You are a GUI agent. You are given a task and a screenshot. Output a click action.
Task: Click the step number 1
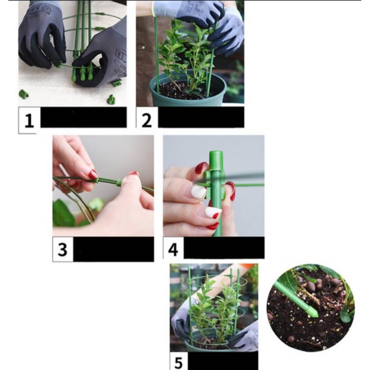[29, 120]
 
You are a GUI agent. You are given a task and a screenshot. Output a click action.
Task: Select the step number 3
[62, 250]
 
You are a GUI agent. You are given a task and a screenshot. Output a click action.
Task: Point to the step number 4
[173, 250]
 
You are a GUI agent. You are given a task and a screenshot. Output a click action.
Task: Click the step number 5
[178, 363]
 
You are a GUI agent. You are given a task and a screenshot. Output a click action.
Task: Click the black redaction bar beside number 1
[83, 117]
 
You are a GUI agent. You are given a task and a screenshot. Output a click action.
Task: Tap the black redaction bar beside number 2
[201, 117]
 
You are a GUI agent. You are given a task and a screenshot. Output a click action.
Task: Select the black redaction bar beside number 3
[113, 249]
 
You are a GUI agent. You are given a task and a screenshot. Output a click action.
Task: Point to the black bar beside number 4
[224, 248]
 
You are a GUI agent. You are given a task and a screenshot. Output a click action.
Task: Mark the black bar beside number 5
[223, 361]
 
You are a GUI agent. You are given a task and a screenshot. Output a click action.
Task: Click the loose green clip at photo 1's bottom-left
[24, 94]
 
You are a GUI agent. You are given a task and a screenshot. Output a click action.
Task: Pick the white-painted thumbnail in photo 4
[199, 192]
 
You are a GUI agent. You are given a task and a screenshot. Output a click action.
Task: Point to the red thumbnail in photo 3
[93, 174]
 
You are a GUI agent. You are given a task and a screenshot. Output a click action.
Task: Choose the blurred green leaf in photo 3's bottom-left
[63, 213]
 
